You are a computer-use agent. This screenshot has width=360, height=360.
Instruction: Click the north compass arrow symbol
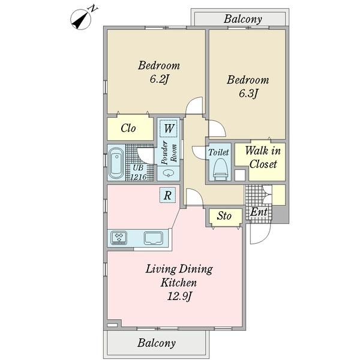point(80,19)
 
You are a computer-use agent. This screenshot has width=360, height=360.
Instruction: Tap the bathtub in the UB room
point(116,163)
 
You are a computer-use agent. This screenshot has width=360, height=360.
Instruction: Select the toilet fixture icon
point(220,169)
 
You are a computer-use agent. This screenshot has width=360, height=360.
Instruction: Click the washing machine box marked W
point(169,128)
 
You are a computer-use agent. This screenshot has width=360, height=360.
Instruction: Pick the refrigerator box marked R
point(167,196)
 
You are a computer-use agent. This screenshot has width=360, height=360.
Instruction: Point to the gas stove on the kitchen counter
point(119,238)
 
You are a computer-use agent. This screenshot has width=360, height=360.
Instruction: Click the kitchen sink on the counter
point(154,238)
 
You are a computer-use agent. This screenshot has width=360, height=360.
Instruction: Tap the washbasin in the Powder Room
point(168,173)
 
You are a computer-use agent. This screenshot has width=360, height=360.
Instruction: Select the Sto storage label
point(224,216)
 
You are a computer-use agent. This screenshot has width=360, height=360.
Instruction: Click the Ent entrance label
point(259,212)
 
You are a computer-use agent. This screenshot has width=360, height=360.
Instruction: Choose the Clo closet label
point(128,128)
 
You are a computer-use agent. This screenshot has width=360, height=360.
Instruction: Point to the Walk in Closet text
point(263,157)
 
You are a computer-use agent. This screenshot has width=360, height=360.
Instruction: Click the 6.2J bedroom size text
point(159,80)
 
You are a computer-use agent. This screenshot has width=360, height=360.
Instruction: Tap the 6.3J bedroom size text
point(248,94)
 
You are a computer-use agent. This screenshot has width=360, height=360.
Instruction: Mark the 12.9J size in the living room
point(179,297)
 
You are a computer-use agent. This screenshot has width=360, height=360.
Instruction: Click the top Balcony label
point(243,19)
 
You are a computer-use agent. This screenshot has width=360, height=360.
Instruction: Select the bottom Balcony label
point(157,343)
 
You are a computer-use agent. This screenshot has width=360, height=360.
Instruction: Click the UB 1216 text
point(138,172)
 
